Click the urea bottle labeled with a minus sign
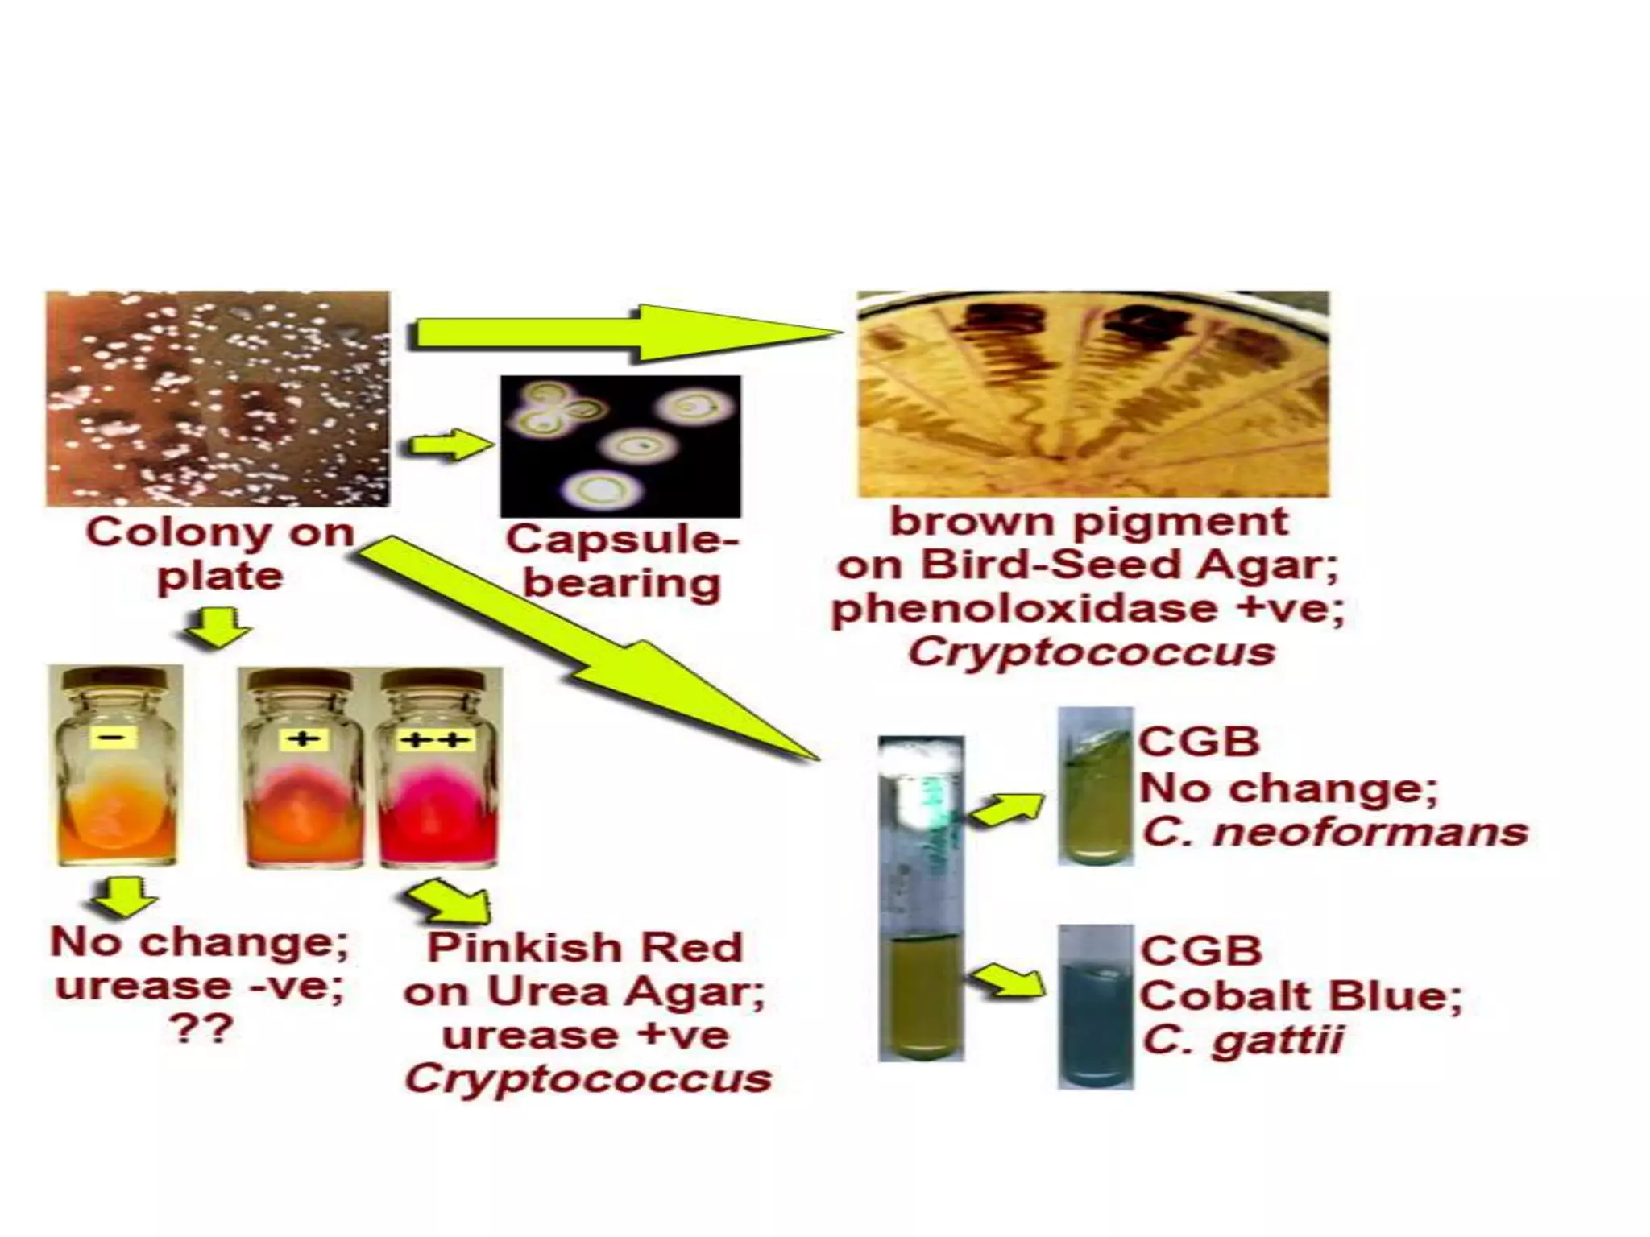coord(116,767)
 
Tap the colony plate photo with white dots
coord(218,399)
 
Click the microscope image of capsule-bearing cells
coord(620,446)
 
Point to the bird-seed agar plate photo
coord(1092,395)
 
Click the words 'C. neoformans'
coord(1334,832)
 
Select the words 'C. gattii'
coord(1242,1040)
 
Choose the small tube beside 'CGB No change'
coord(1095,786)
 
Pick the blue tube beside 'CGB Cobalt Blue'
coord(1095,1007)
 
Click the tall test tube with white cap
coord(921,898)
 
